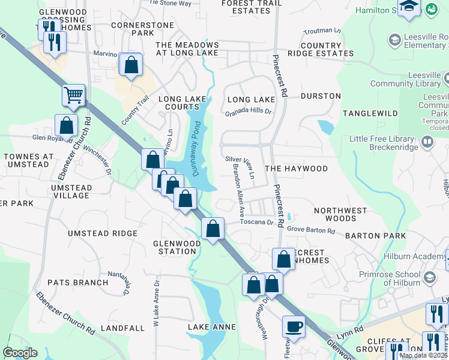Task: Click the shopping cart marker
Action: point(73,95)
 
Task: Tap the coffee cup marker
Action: point(293,326)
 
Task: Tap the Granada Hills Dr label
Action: point(249,112)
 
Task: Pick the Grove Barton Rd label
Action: point(310,229)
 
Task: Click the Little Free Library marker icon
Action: point(427,143)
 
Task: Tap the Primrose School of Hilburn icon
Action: point(430,277)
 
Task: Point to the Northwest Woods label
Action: point(340,215)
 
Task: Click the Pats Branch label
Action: point(78,282)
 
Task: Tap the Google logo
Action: point(20,353)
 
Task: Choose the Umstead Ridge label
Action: point(103,233)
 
